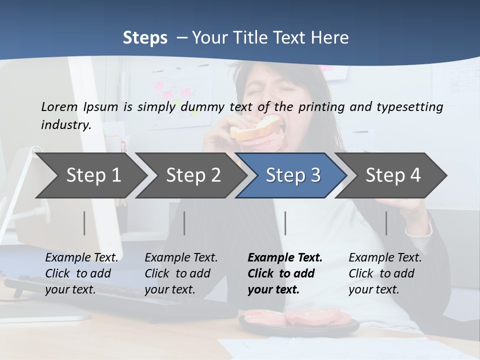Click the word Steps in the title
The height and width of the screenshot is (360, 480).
pos(145,37)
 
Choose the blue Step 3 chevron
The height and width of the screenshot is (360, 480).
pos(293,175)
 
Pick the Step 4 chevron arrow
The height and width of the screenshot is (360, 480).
pos(393,175)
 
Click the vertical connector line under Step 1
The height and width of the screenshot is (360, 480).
pos(84,223)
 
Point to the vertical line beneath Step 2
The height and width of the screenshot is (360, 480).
pos(184,223)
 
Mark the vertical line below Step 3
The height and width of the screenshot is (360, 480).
pos(285,223)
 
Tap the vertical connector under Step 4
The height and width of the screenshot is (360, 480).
pos(386,223)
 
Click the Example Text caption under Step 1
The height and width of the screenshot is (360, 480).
pos(81,273)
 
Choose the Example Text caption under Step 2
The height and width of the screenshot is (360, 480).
pos(180,273)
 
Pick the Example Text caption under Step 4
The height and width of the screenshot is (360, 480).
pos(384,273)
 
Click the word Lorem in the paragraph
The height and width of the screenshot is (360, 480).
pos(59,107)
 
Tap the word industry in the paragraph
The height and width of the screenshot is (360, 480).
pos(66,125)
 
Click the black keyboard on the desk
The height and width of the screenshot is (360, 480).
pos(125,300)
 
